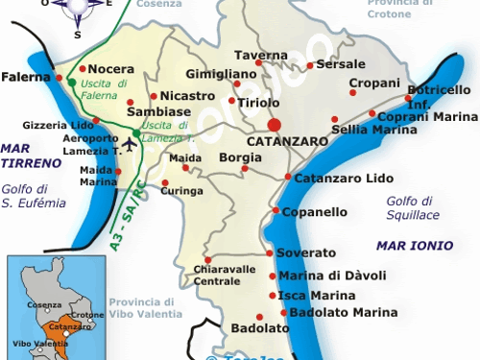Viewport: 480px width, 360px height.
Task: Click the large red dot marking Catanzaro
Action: click(275, 125)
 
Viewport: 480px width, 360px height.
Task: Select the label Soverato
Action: click(306, 252)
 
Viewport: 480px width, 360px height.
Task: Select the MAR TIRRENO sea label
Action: click(29, 156)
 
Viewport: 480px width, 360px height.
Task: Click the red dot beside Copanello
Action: click(276, 211)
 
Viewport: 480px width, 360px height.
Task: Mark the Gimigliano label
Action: click(219, 73)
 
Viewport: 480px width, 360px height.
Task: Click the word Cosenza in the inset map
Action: click(44, 304)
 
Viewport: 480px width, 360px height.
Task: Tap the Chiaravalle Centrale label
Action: click(217, 276)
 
